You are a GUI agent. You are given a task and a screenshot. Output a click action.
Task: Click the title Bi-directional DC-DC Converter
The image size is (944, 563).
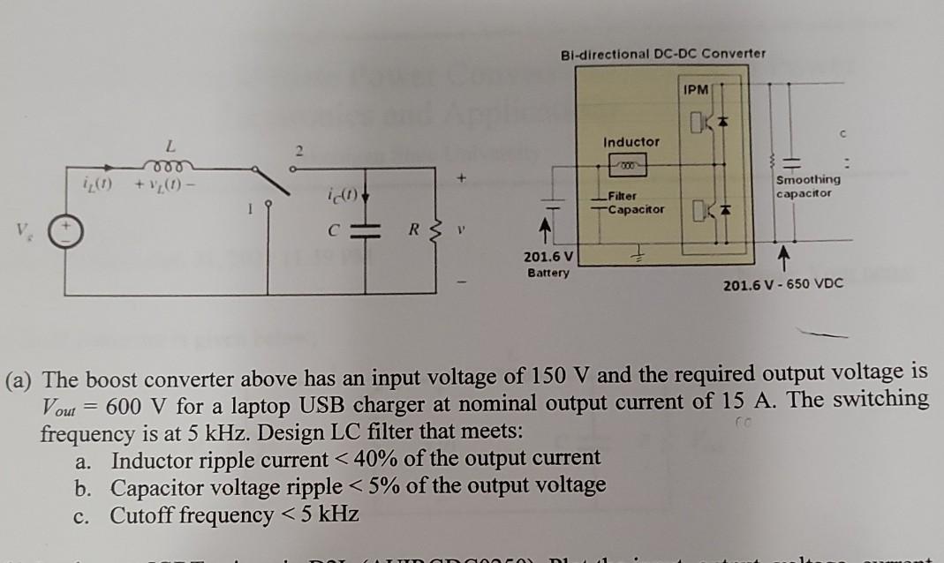662,54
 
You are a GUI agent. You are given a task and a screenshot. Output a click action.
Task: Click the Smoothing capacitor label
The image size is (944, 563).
808,185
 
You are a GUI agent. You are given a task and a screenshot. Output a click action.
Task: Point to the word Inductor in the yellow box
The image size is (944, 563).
631,141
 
